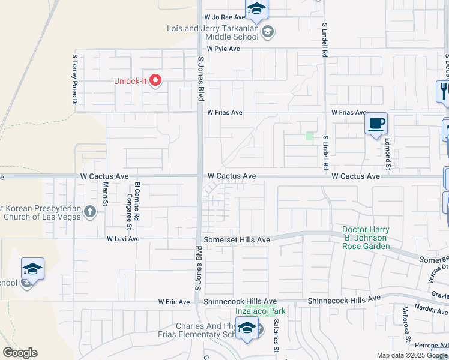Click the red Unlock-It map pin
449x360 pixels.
pos(155,80)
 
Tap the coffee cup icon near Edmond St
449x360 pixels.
pos(376,124)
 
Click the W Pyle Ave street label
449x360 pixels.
pos(223,49)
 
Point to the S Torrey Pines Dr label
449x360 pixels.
pos(75,80)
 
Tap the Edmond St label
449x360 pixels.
pos(388,154)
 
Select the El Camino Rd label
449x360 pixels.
pos(137,200)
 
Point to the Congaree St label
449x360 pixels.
pos(129,211)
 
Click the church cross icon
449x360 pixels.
pos(90,211)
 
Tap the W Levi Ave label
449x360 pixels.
pos(123,239)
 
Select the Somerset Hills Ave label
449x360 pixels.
pos(237,239)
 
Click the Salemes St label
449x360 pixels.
pos(276,336)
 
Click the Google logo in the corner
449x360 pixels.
pos(20,353)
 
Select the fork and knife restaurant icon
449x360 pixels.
pos(444,91)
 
